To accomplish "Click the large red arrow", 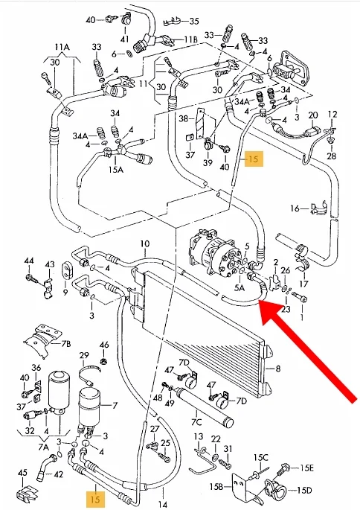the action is point(309,352).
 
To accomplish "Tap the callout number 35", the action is point(194,21).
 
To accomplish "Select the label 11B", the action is point(190,39).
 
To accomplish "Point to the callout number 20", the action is point(313,115).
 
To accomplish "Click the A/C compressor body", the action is point(214,254).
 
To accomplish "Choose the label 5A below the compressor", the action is point(240,287).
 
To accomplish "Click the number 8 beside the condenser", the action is point(277,369).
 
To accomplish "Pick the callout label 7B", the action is point(65,344).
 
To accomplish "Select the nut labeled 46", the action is point(105,360).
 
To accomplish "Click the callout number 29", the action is point(84,355).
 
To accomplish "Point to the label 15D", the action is point(304,490).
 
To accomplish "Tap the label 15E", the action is point(306,468).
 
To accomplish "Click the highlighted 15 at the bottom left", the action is point(95,499).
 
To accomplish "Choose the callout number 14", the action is point(162,504).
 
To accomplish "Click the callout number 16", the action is point(295,208).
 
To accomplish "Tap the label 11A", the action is point(62,47).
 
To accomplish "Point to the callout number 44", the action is point(29,261).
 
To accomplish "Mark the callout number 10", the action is point(145,243).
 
